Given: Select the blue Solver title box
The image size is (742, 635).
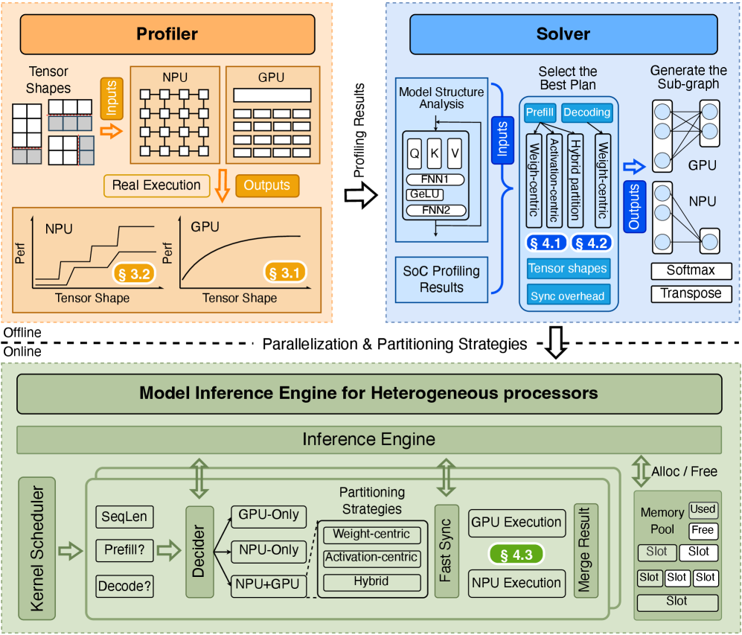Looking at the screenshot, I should [x=563, y=33].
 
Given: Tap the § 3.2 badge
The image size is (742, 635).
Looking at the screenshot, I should [x=135, y=273].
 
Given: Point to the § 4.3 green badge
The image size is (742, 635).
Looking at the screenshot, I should [x=516, y=554].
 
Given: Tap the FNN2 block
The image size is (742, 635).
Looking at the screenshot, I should [x=435, y=210].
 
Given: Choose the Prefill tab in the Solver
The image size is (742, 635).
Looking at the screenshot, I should [x=540, y=112].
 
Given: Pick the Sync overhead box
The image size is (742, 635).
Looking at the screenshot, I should [x=567, y=296].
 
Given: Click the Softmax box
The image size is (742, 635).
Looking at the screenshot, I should [x=691, y=270].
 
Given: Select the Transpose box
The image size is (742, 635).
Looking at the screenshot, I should [x=691, y=293].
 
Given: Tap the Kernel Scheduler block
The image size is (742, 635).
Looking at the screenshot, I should [x=36, y=549].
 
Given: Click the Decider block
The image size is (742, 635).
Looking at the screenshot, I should [x=199, y=552].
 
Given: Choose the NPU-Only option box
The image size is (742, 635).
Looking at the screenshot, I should [x=269, y=550].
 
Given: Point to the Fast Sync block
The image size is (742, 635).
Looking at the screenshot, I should [x=447, y=552].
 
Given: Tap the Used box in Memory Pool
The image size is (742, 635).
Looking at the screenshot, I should [x=703, y=509].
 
